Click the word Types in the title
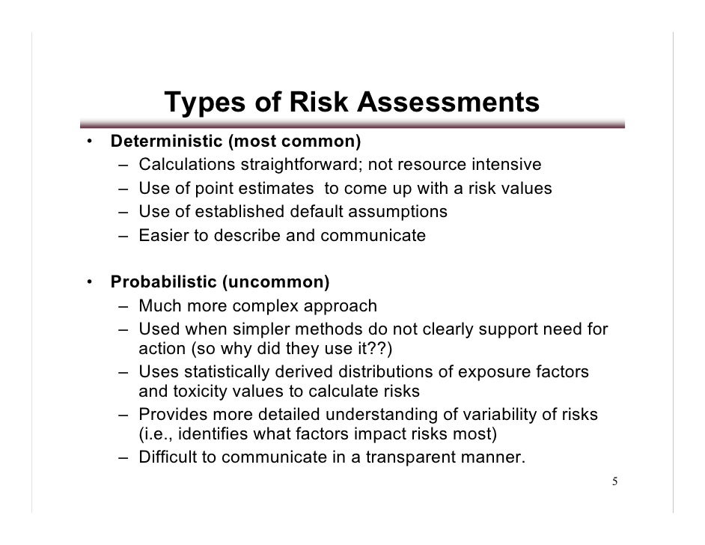point(201,104)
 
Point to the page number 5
point(614,481)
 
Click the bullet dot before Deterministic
point(88,141)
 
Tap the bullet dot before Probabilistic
point(88,282)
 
